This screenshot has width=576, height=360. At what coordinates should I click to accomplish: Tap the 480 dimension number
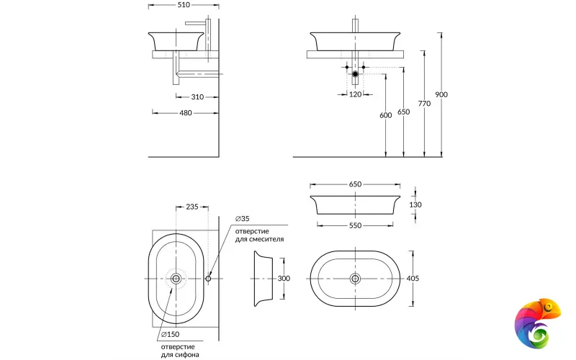click(185, 112)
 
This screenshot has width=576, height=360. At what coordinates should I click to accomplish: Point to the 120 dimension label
click(355, 94)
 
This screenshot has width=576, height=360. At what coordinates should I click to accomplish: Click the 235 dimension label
click(192, 207)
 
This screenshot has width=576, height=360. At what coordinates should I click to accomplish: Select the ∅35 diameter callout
click(242, 218)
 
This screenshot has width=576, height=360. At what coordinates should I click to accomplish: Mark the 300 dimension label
click(284, 279)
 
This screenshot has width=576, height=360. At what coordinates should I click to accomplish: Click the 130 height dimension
click(415, 204)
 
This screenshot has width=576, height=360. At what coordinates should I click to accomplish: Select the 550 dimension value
click(355, 225)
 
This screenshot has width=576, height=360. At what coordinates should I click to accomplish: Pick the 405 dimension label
click(413, 279)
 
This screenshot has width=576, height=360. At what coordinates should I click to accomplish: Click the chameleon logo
click(536, 322)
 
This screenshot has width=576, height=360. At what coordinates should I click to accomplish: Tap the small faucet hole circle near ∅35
click(209, 279)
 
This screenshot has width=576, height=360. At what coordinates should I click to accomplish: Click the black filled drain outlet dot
click(355, 74)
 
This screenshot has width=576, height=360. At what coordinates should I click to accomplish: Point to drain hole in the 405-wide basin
click(355, 279)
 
